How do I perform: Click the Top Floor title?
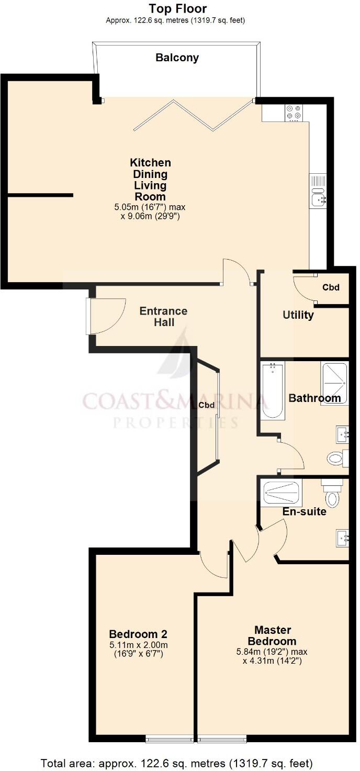177,8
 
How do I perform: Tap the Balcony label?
177,58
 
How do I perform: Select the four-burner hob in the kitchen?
294,112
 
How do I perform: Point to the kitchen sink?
318,191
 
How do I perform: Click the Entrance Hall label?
163,317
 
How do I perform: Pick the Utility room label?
298,315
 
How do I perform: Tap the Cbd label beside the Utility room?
331,287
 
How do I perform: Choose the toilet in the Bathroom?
336,459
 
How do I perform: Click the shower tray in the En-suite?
282,493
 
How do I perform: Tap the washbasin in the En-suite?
342,538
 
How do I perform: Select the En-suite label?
304,511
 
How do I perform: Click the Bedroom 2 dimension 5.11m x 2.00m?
138,645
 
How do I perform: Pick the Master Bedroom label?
272,635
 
